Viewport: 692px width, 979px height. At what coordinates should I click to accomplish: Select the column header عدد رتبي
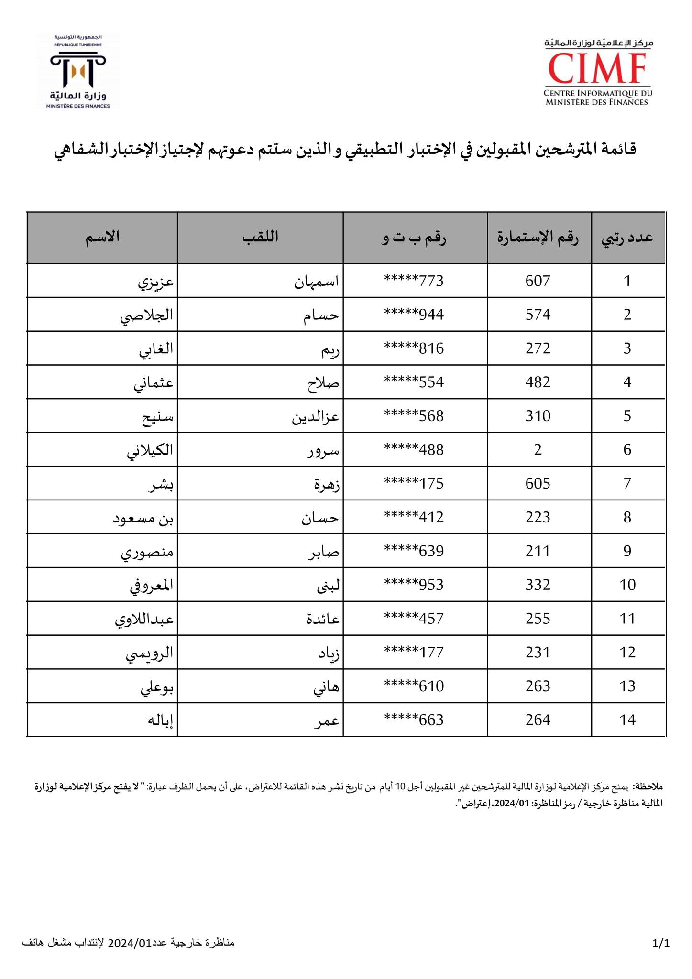coord(627,238)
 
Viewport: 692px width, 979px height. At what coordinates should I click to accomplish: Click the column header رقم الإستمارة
coord(538,238)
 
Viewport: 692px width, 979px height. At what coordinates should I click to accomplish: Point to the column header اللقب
coord(260,238)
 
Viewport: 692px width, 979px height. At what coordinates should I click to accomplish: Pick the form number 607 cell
coord(538,281)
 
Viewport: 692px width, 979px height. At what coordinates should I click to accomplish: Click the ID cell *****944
coord(414,315)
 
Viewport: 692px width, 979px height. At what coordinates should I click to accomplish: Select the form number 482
coord(538,382)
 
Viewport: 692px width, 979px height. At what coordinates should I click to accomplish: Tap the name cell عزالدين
coord(316,416)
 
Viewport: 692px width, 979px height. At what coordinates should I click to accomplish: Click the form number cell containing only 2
coord(538,450)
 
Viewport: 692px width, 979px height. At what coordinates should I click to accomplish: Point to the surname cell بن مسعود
coord(143,518)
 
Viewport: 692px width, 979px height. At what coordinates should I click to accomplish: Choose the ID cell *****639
coord(414,551)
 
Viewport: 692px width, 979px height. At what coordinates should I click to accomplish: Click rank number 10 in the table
coord(627,585)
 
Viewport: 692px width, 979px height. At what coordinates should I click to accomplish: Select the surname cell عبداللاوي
coord(144,619)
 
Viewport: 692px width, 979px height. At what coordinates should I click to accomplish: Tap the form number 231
coord(538,653)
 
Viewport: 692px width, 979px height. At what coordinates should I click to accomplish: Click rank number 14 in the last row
coord(627,720)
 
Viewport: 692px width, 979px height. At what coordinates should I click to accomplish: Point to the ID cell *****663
coord(414,720)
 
